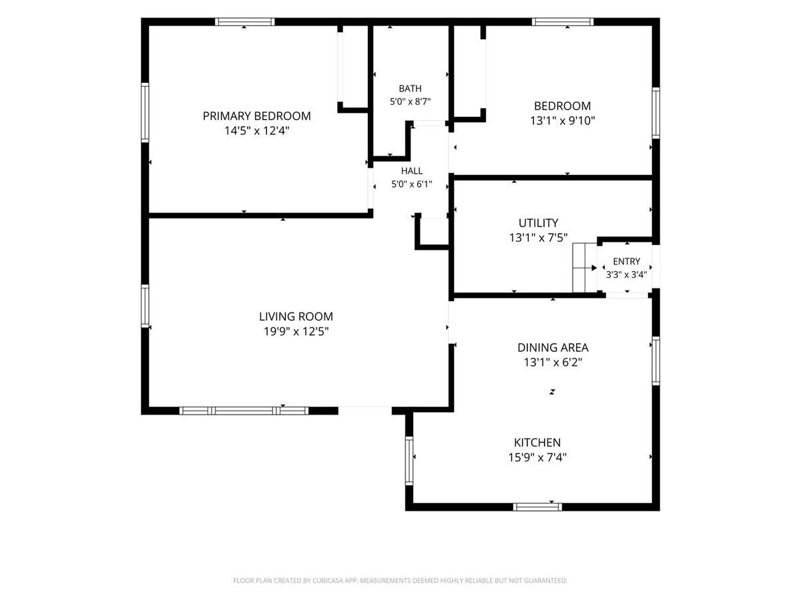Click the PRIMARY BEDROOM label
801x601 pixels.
point(256,116)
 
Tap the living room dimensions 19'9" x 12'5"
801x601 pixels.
point(296,331)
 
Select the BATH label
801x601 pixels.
point(410,88)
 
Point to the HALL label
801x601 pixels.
point(412,171)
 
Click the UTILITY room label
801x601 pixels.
point(538,222)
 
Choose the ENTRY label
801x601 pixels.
point(626,261)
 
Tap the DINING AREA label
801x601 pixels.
point(553,347)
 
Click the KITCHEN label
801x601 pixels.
point(537,442)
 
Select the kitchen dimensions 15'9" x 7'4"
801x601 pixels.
point(537,457)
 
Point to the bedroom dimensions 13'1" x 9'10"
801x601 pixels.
point(562,120)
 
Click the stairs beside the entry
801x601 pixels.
point(585,268)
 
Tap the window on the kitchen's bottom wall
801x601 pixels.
point(537,506)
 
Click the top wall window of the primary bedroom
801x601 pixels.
point(244,21)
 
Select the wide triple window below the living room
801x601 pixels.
point(244,411)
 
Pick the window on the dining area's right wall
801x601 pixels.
point(655,361)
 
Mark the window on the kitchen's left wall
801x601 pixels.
point(409,461)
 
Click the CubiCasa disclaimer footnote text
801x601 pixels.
point(400,580)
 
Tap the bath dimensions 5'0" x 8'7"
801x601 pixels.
point(410,102)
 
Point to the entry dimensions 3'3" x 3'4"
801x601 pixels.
point(626,274)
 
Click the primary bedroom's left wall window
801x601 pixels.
point(145,112)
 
